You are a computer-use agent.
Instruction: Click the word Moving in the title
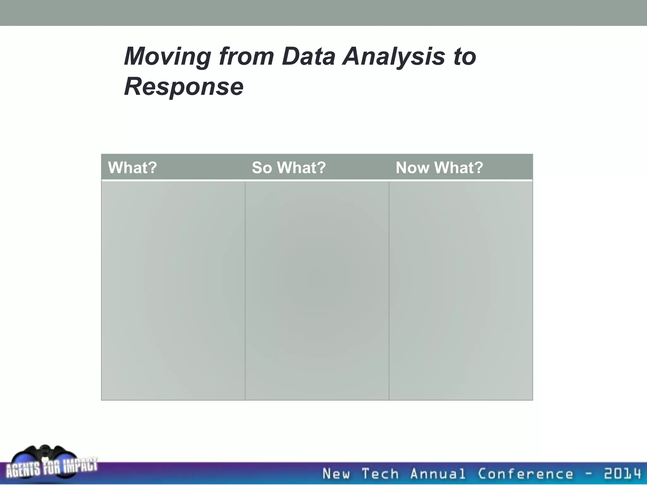pos(167,57)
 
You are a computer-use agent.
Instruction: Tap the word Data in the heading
pos(308,57)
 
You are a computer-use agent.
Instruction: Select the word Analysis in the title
pos(394,57)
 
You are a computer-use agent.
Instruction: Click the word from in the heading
pos(246,57)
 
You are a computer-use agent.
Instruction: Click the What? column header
pos(132,168)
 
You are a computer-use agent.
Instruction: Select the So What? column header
pos(288,168)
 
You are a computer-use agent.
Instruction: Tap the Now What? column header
pos(439,168)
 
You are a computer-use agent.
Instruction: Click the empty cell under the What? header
pos(173,290)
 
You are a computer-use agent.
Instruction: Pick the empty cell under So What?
pos(317,290)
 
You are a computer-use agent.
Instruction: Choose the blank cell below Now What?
pos(461,290)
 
